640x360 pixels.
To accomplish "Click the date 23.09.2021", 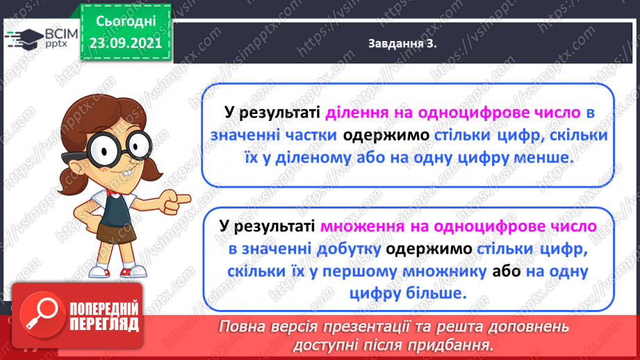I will (125, 42).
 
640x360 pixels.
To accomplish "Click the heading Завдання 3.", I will (407, 44).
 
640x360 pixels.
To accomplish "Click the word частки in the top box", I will (312, 136).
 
